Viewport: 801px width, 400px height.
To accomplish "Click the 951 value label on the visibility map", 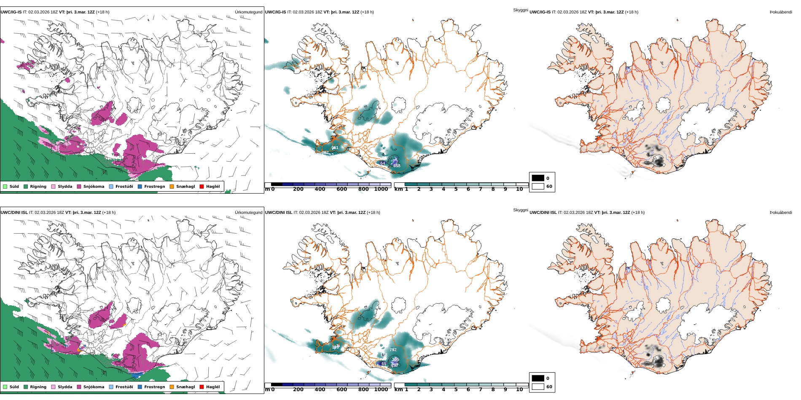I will point(335,148).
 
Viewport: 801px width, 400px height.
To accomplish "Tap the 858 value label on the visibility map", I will point(397,166).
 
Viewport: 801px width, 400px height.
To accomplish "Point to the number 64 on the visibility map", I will point(382,163).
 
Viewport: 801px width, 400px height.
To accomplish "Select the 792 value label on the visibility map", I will point(393,350).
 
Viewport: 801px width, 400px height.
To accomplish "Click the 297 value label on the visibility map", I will point(395,365).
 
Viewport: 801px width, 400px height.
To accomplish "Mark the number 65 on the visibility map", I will point(384,364).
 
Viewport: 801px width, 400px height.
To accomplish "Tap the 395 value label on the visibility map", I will point(395,359).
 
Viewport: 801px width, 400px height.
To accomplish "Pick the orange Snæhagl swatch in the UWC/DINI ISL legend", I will point(172,387).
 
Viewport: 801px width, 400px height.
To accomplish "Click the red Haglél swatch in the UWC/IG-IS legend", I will point(202,187).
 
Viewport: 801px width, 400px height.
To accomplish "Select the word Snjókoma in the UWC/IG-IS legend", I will point(94,187).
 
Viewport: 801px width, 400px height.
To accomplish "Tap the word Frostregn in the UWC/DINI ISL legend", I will point(154,387).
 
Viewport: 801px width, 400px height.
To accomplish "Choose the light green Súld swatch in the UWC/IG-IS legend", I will point(5,187).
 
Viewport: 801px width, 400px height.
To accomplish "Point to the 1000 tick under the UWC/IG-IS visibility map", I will point(381,189).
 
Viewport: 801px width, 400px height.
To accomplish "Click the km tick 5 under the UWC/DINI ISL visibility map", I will point(456,389).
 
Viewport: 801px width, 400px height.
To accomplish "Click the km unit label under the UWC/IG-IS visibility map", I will point(398,189).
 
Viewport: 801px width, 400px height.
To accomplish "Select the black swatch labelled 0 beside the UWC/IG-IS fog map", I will point(538,178).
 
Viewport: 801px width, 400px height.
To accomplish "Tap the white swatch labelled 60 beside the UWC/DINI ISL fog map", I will point(538,387).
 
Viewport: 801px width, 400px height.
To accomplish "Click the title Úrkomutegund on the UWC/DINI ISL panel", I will point(248,213).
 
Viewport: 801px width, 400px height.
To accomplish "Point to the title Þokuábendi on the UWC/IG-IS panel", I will point(781,12).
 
